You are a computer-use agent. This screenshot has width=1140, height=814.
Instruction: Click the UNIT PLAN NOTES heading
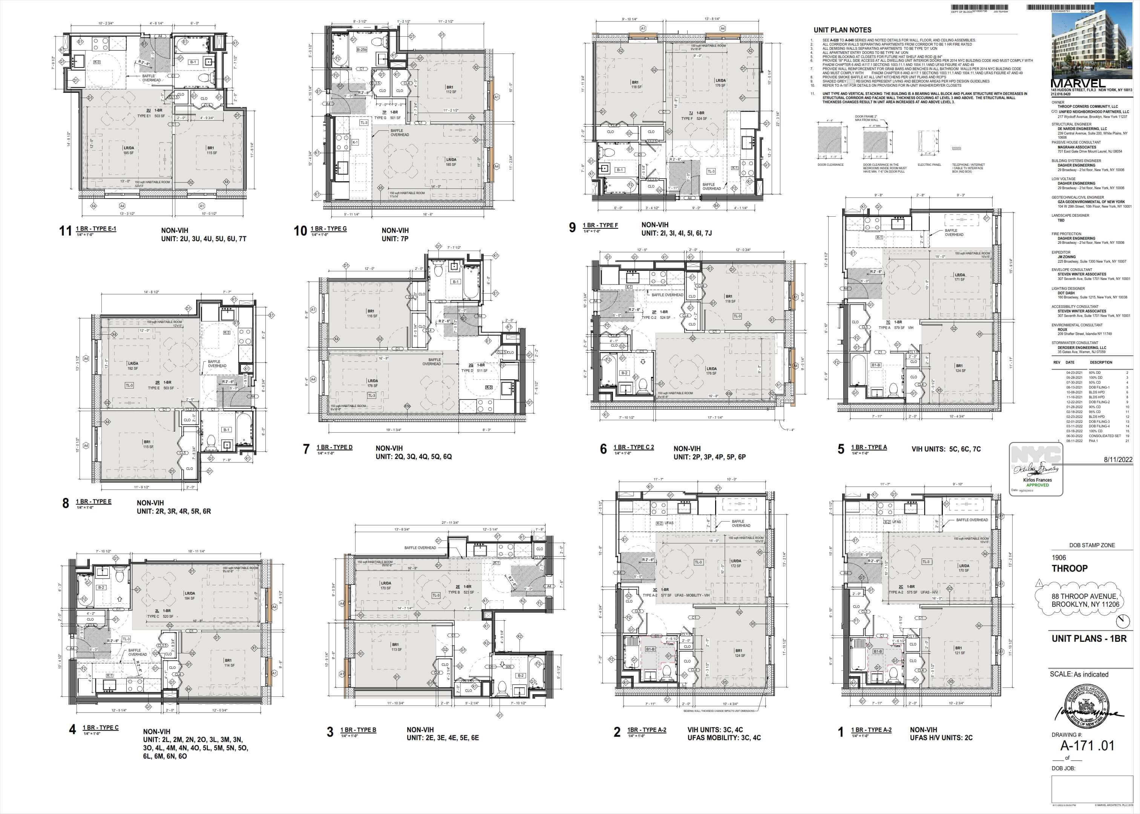[x=842, y=30]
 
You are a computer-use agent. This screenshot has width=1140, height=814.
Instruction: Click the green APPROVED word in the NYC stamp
[x=1037, y=485]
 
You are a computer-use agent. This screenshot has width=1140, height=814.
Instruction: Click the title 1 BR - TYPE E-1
[x=96, y=229]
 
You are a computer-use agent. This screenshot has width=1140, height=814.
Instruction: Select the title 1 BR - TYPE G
[x=328, y=229]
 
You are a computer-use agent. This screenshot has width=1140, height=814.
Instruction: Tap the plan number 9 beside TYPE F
[x=572, y=228]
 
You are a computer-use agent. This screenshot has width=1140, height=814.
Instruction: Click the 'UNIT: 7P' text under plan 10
[x=395, y=239]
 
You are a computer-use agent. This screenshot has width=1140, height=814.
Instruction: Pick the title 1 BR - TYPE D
[x=334, y=447]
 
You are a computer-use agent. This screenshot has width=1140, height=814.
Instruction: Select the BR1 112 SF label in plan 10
[x=450, y=90]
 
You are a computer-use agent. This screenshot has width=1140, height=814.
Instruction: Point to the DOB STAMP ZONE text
[x=1092, y=545]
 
